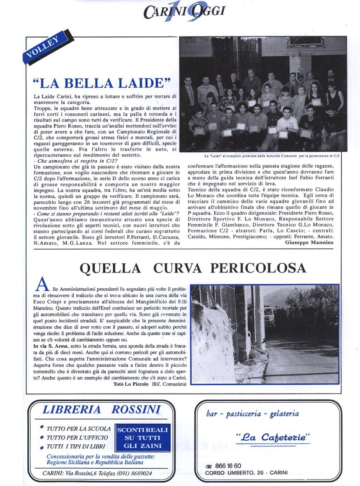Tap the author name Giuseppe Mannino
(x=309, y=243)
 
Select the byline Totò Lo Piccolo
(x=131, y=384)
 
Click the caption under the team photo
(x=272, y=155)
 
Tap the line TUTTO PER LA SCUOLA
(x=79, y=428)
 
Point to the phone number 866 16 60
(x=229, y=466)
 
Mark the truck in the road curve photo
(x=269, y=315)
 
